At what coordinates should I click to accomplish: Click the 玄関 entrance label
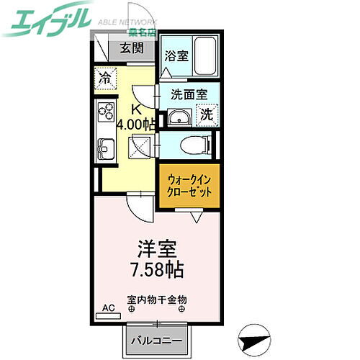point(130,49)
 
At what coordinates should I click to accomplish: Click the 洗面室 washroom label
point(189,94)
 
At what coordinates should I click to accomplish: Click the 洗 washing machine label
point(207,114)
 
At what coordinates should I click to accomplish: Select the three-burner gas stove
point(106,113)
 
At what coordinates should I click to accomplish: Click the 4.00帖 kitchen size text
point(135,125)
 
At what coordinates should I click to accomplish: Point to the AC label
point(108,309)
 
